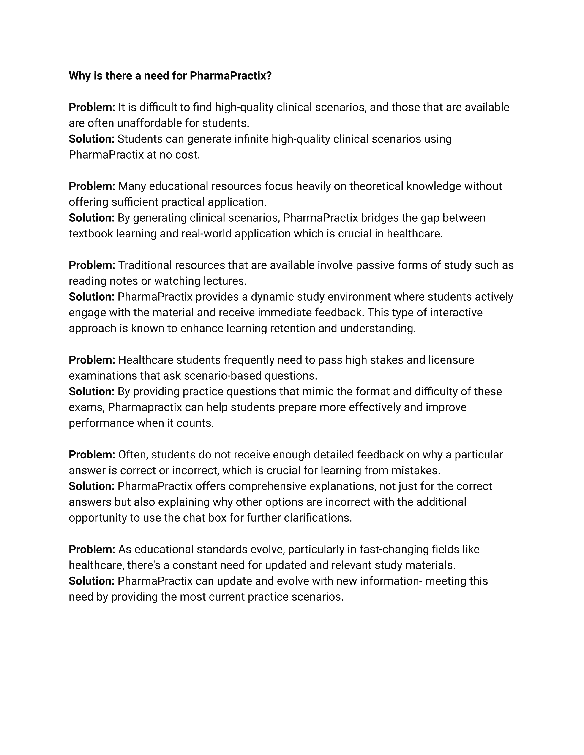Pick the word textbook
[x=91, y=234]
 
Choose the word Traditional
[x=145, y=265]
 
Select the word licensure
[x=451, y=360]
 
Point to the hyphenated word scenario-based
[x=223, y=376]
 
